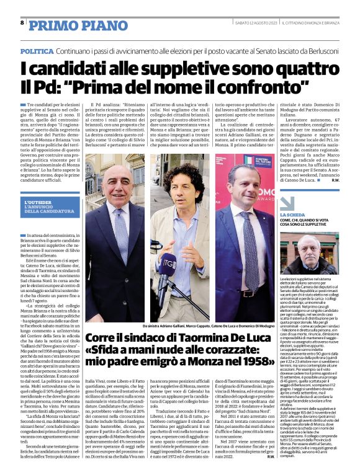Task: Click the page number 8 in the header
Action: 22,22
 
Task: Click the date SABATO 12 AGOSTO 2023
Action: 254,23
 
